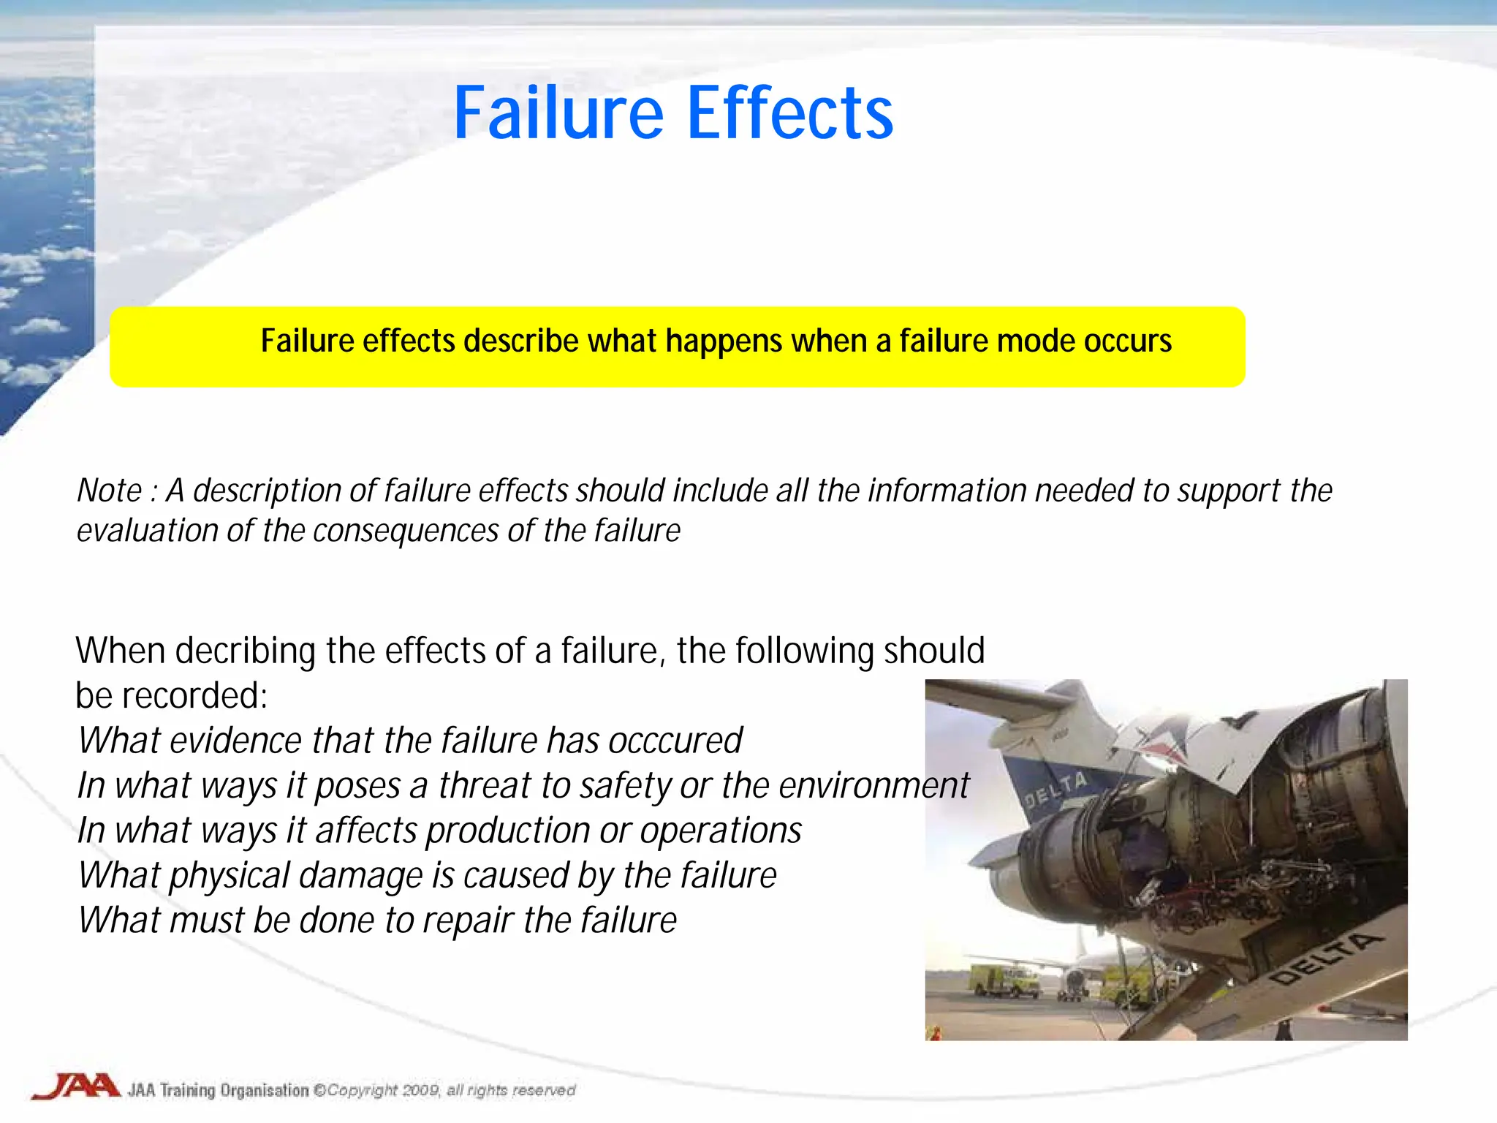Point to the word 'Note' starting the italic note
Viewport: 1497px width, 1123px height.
point(110,491)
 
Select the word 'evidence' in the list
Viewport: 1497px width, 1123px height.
point(236,741)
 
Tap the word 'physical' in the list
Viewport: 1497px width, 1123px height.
point(230,876)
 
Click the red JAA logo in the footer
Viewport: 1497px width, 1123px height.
point(76,1086)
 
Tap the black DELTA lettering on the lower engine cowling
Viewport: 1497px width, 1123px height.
point(1324,958)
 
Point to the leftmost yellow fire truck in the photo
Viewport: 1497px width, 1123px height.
point(1004,980)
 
